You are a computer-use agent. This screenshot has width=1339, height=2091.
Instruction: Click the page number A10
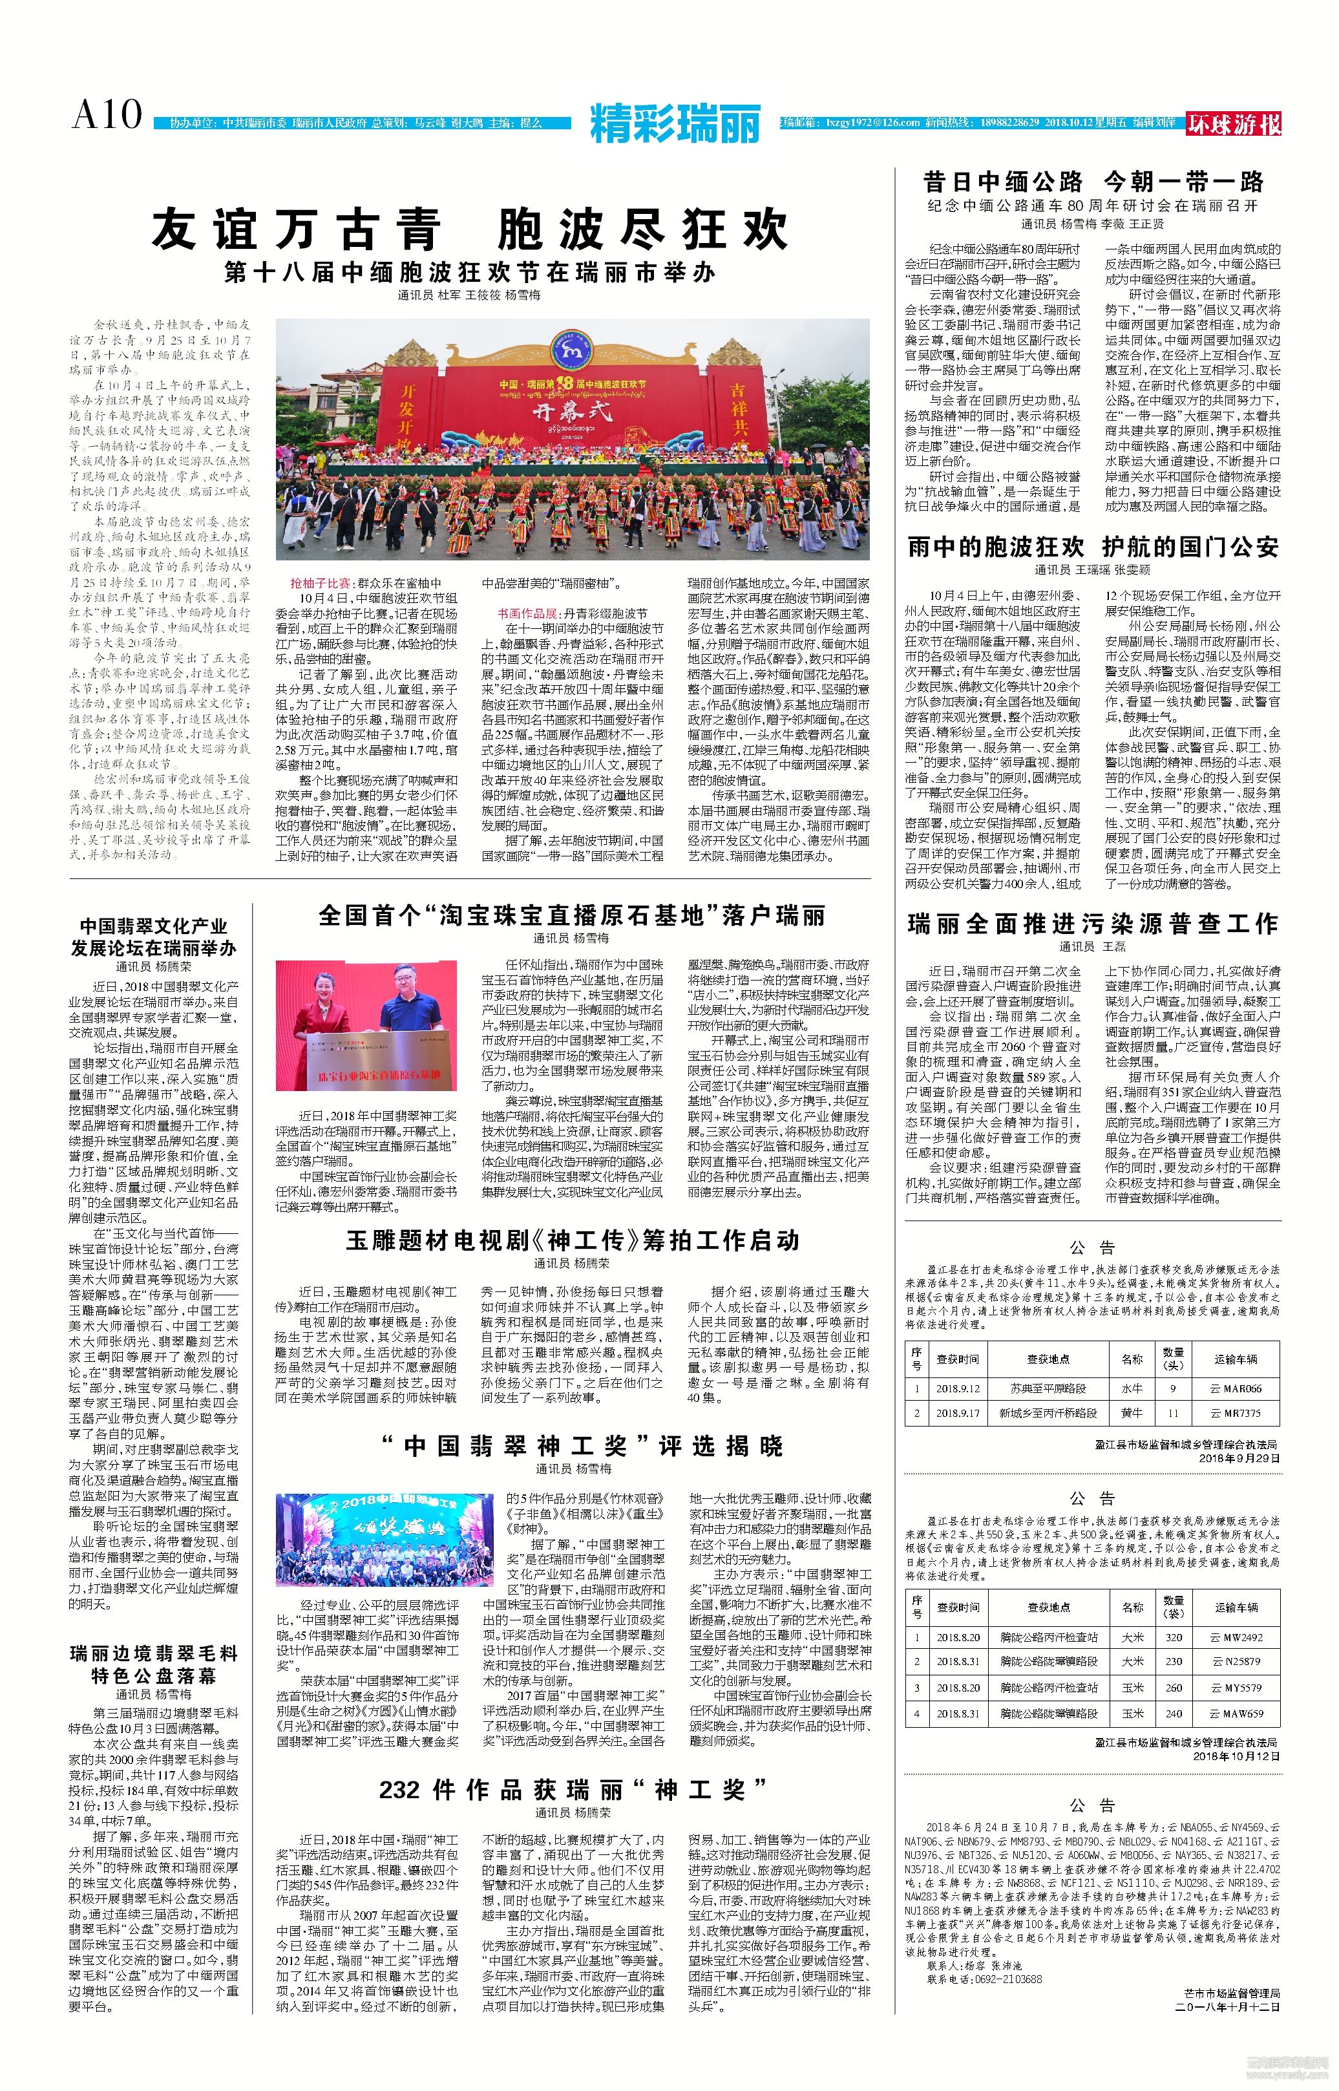point(106,115)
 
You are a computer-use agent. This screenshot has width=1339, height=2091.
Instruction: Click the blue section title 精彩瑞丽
point(675,123)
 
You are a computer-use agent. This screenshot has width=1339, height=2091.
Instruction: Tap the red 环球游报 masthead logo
point(1234,124)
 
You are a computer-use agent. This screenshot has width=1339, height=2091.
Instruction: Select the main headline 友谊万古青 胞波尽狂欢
point(470,229)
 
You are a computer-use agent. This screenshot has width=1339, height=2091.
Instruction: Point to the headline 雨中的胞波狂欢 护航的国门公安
point(1093,547)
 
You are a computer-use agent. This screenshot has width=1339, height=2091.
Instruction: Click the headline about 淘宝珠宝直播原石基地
point(571,915)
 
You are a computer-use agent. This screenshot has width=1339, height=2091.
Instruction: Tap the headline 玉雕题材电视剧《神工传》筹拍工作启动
point(572,1240)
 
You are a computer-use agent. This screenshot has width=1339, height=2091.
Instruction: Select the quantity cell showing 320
point(1174,1637)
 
